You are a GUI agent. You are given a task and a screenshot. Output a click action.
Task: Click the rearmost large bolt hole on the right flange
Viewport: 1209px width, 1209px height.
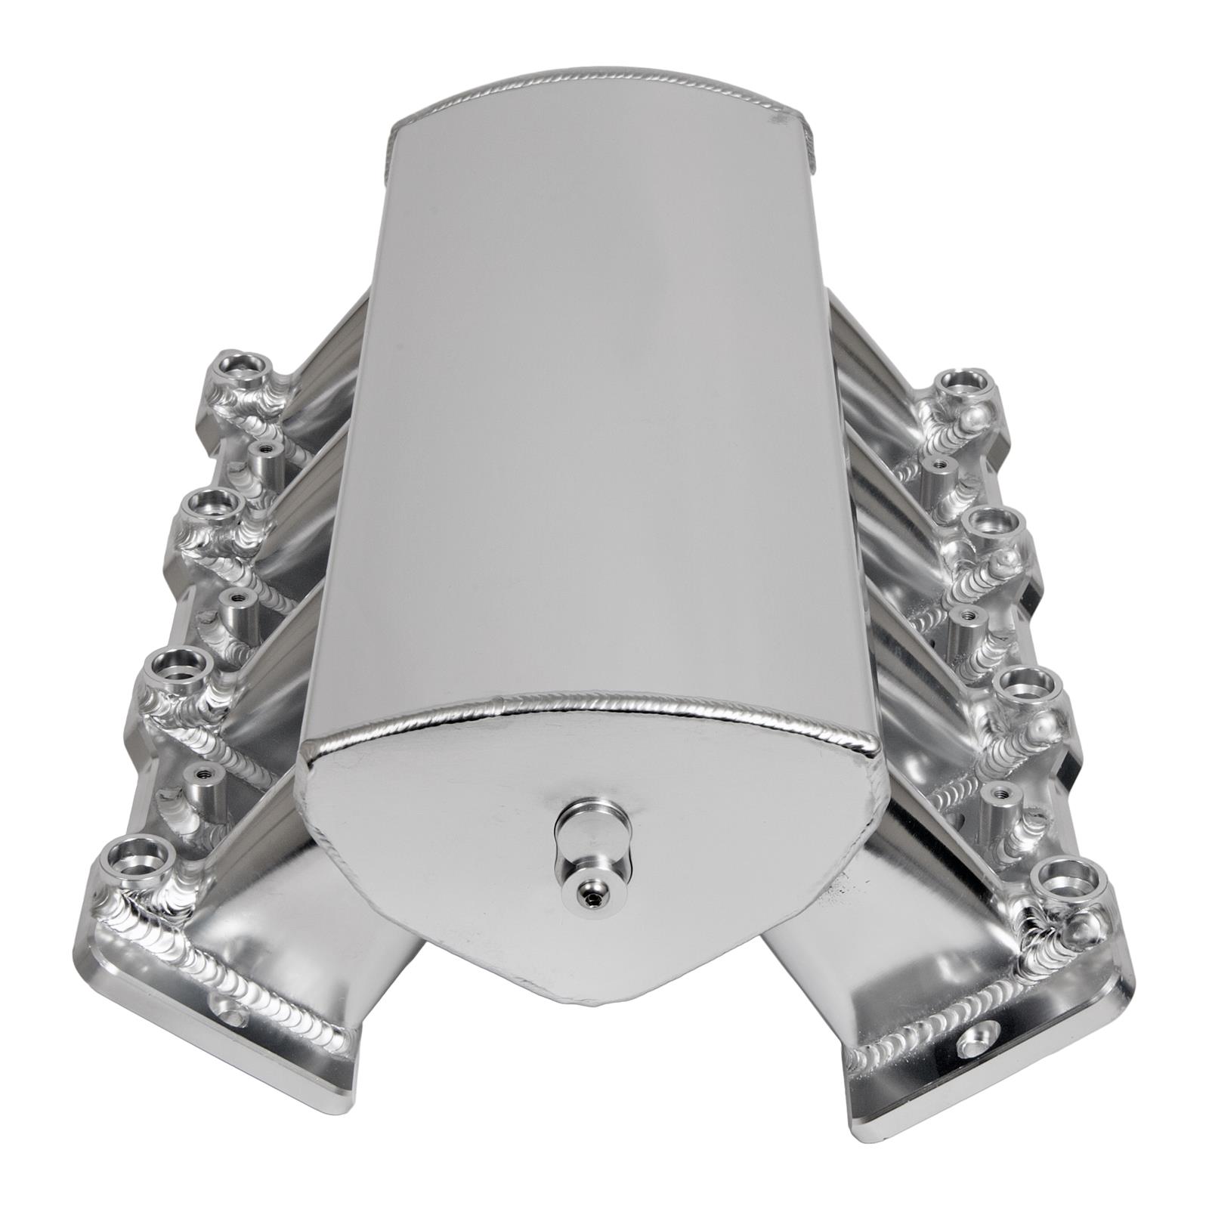pyautogui.click(x=957, y=382)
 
